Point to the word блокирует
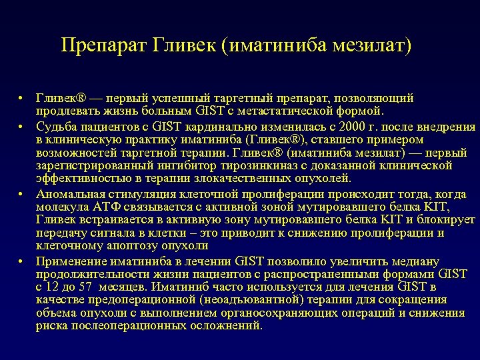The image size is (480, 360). pos(447,219)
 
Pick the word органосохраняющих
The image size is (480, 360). pos(265,313)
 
